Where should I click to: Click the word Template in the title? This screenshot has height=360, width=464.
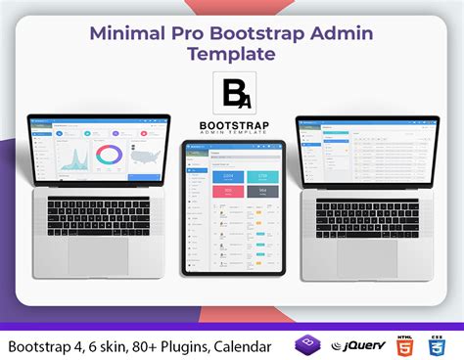pos(232,54)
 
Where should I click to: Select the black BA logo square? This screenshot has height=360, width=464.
pos(232,92)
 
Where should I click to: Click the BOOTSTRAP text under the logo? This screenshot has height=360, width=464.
pos(232,126)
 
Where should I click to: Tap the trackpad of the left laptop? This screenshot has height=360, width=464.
pos(97,255)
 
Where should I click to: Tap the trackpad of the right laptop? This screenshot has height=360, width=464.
pos(367,256)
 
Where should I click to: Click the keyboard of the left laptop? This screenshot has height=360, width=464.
pos(97,214)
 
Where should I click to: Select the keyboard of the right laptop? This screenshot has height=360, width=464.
pos(367,214)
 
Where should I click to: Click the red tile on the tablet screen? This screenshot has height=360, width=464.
pos(221,191)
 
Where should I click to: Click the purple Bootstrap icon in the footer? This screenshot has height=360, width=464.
pos(306,345)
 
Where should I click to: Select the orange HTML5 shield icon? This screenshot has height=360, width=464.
pos(402,345)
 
